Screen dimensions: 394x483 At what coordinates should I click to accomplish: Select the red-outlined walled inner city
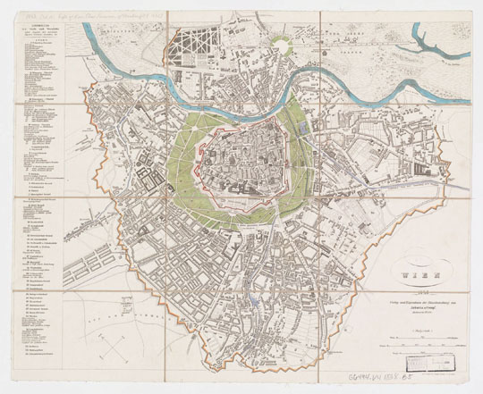240,152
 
